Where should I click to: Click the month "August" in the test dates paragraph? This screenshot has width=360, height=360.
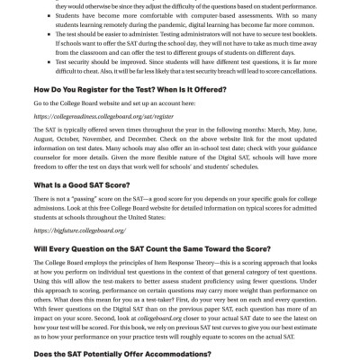point(44,165)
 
